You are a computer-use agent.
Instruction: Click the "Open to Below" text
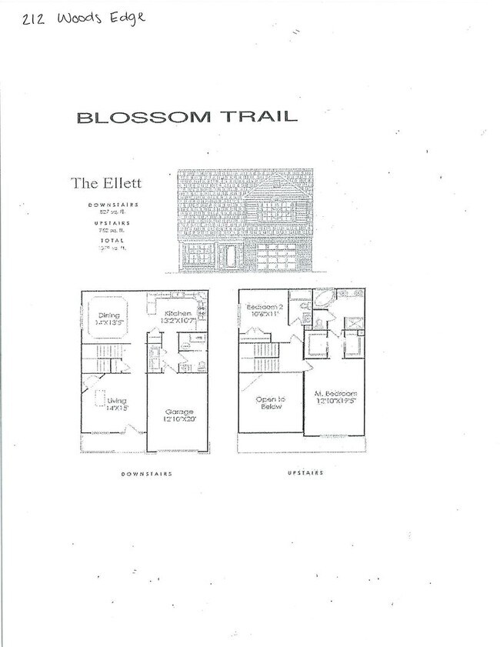click(x=270, y=402)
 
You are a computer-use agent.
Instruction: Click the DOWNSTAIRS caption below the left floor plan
click(x=146, y=474)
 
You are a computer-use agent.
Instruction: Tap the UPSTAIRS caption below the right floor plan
click(x=302, y=473)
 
